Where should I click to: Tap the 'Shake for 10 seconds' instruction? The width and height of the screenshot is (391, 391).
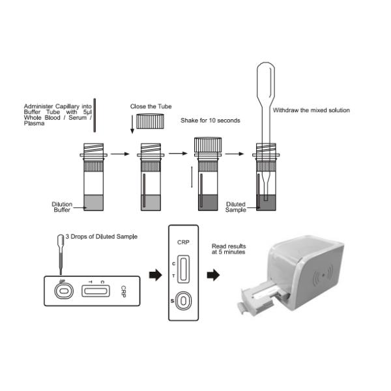point(210,121)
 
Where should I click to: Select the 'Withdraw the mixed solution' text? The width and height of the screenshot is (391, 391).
point(311,110)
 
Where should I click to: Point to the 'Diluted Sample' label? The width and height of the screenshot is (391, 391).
point(235,207)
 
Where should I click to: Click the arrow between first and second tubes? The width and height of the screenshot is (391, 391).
point(118,155)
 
